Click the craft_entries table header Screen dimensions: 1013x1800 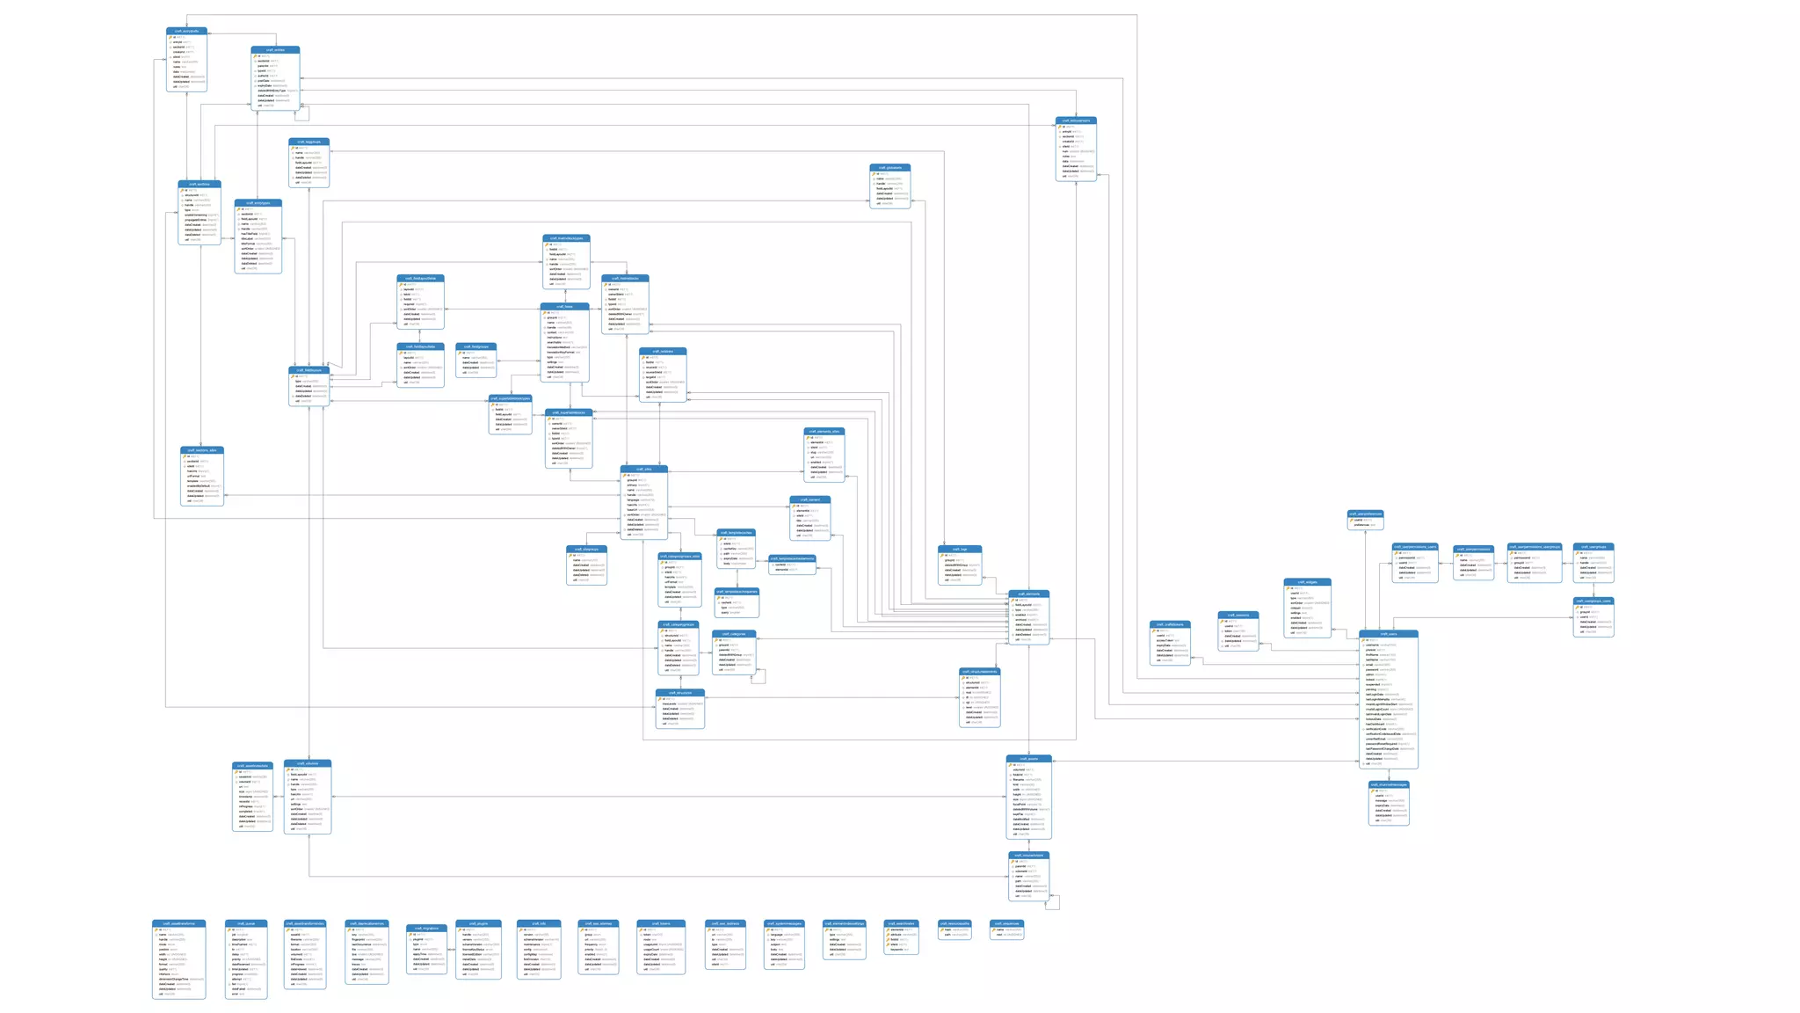tap(275, 50)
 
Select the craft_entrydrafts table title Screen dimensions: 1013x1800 tap(186, 31)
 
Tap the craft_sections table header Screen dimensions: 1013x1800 tap(200, 185)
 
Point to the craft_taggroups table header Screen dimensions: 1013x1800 tap(308, 142)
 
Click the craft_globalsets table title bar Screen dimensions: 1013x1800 tap(889, 167)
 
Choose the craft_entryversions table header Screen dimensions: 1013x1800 tap(1076, 120)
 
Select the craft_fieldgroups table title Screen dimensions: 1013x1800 tap(475, 346)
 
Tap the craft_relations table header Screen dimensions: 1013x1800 tap(663, 351)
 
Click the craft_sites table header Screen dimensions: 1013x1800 tap(643, 469)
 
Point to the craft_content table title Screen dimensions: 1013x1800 tap(809, 499)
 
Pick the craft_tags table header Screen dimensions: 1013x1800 tap(960, 549)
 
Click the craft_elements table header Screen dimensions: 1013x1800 tap(1028, 594)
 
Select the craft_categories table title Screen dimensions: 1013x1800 tap(734, 633)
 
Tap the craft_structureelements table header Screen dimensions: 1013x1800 tap(979, 671)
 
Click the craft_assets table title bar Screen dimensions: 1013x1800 tap(1028, 758)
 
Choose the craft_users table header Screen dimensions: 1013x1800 tap(1388, 633)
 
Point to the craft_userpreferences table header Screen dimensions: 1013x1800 tap(1365, 514)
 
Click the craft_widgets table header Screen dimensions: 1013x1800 tap(1307, 581)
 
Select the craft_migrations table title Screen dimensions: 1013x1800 tap(426, 928)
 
